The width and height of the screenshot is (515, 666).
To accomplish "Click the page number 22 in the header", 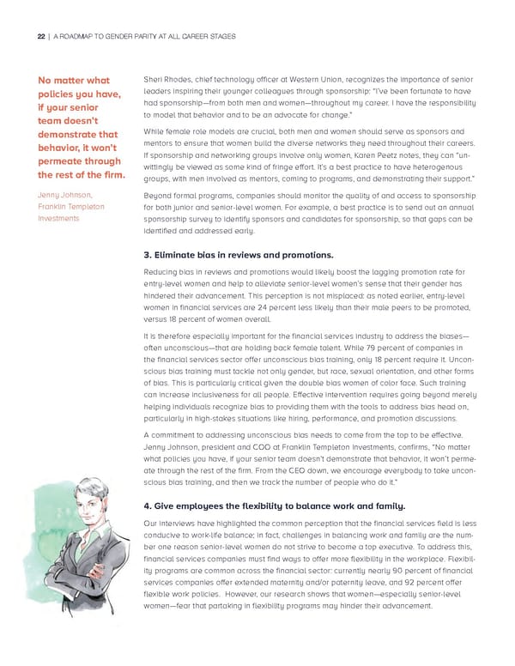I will [x=39, y=35].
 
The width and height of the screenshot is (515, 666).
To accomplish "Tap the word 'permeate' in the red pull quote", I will [x=63, y=160].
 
